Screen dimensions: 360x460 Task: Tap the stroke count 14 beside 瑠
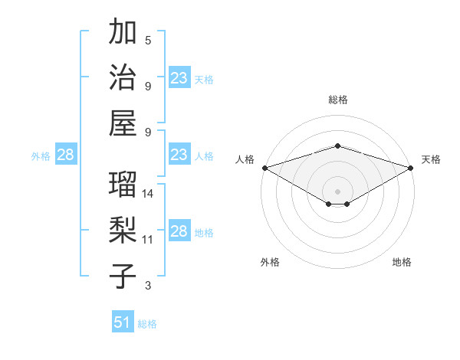tap(149, 193)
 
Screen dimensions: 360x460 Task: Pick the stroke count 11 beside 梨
tap(148, 240)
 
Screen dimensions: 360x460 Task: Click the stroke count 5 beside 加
tap(148, 40)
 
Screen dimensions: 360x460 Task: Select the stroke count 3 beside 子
tap(148, 286)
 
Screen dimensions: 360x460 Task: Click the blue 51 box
tap(123, 322)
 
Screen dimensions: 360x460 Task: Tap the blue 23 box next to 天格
tap(179, 78)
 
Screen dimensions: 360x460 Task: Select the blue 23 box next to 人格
tap(179, 155)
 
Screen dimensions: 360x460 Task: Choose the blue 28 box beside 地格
tap(179, 231)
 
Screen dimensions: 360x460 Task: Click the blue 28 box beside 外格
tap(65, 155)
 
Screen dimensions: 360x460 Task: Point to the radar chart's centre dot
tap(337, 191)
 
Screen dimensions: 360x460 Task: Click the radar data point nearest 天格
tap(410, 167)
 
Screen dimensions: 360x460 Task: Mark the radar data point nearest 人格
tap(264, 167)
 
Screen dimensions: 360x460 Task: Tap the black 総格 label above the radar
tap(337, 100)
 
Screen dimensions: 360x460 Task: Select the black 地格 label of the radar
tap(402, 263)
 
